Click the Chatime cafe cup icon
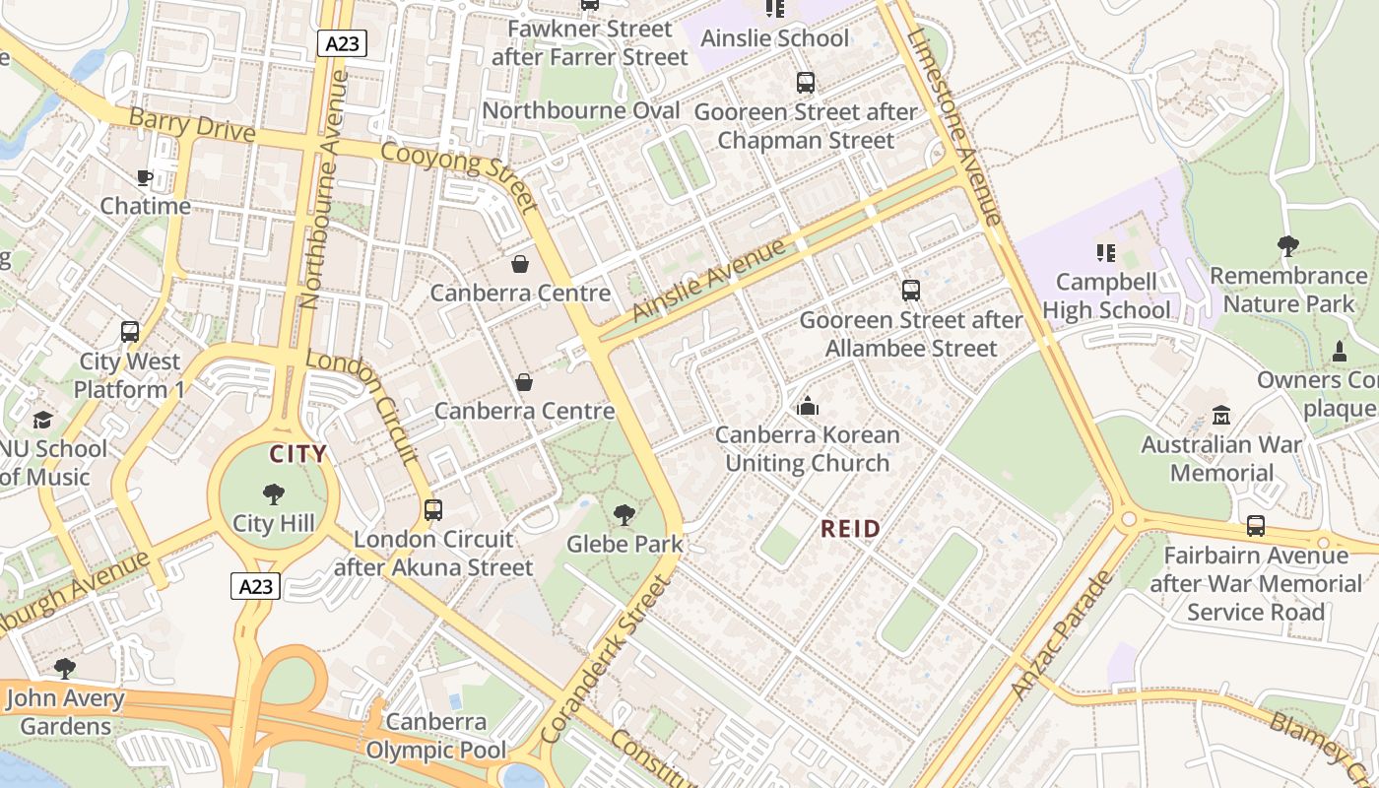[145, 178]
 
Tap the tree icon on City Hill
[274, 494]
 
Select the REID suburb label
[851, 529]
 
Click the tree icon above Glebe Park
[624, 514]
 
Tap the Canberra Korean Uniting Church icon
[808, 406]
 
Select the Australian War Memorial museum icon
[1221, 416]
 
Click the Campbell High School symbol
[1106, 253]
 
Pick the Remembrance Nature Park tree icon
[1287, 246]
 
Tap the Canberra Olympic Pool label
[436, 736]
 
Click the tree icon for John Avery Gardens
[65, 669]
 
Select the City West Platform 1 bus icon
[130, 332]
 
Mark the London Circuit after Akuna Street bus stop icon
[432, 510]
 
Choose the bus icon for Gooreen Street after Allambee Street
[911, 291]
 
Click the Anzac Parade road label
[1063, 634]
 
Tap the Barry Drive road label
[192, 125]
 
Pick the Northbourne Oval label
[581, 109]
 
